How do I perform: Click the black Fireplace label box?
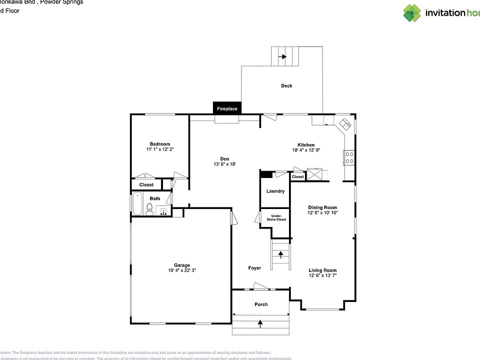[x=227, y=108]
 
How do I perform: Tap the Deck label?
[x=286, y=86]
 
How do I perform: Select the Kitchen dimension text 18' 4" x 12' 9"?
[x=306, y=150]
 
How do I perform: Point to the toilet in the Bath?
[x=149, y=209]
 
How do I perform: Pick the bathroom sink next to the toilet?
[x=163, y=211]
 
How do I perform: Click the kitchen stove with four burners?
[x=349, y=158]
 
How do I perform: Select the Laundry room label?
[x=275, y=191]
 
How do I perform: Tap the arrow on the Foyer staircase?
[x=280, y=254]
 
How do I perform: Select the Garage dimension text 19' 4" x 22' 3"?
[x=182, y=270]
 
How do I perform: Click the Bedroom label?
[x=160, y=144]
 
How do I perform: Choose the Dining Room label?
[x=322, y=207]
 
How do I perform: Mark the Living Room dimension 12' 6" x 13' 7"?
[x=322, y=275]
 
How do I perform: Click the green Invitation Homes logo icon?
[x=412, y=13]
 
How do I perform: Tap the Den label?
[x=224, y=159]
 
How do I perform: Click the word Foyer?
[x=254, y=268]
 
